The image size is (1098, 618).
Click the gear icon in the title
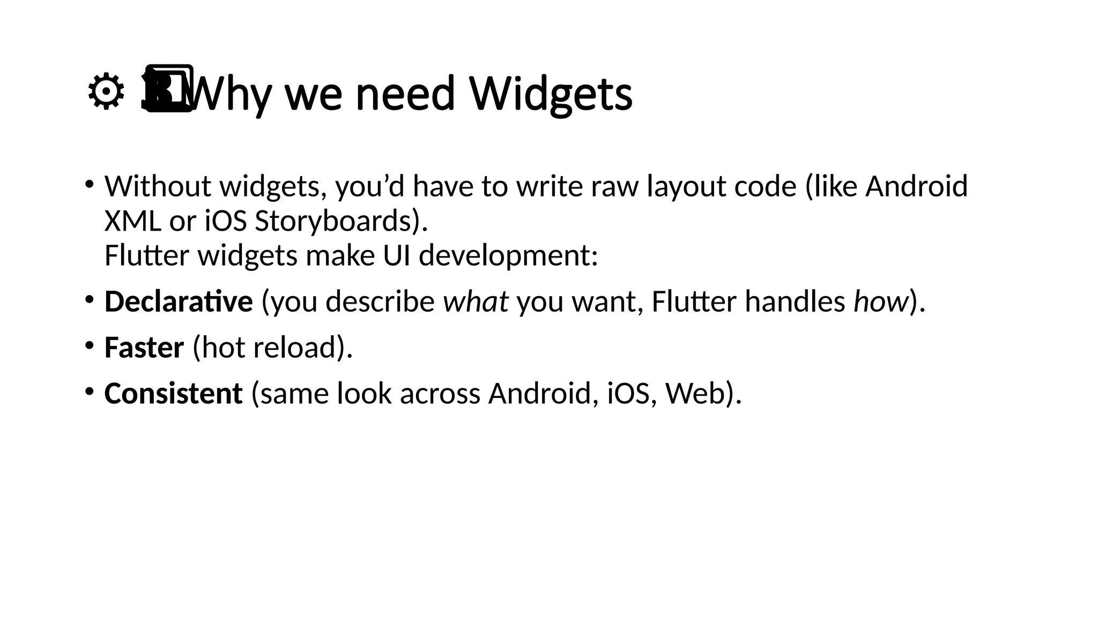(x=106, y=93)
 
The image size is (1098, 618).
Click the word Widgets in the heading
(x=551, y=94)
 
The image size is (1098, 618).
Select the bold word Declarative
(x=178, y=301)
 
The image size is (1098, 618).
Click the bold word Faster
(x=144, y=348)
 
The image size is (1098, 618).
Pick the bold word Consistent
(x=173, y=394)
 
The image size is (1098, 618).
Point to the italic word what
(x=475, y=301)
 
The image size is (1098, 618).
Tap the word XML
(x=132, y=221)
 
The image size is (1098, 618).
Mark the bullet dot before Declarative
(x=89, y=299)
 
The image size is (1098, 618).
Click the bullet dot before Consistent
(x=89, y=391)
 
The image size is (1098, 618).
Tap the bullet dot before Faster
(x=89, y=345)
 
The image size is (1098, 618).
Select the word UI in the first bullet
(x=396, y=255)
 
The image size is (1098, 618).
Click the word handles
(x=795, y=301)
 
